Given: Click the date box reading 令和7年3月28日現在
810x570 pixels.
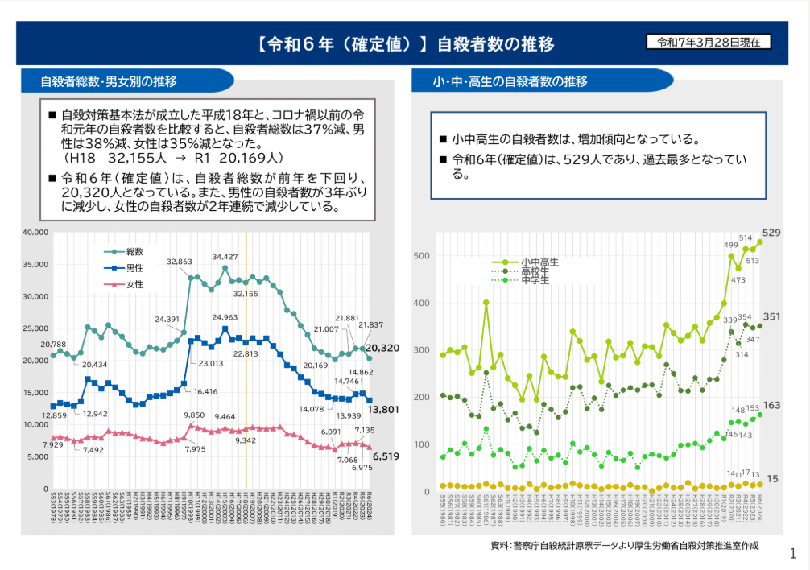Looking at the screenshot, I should point(709,42).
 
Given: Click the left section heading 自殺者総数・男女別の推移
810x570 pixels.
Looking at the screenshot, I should point(110,81).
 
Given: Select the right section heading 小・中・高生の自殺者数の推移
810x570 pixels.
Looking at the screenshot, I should point(510,81).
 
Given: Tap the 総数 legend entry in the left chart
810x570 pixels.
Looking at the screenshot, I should point(134,252).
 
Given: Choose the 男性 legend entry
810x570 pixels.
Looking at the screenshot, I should point(134,267).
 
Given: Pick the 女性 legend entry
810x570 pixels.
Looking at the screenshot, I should point(134,283).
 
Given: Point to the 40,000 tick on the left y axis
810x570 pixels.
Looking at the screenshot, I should point(36,233).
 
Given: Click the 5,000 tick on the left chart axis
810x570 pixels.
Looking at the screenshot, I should point(38,456).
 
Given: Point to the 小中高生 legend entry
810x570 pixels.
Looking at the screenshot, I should point(539,262).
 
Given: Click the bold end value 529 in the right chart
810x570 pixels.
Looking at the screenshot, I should point(771,233).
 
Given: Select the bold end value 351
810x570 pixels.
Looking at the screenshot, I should point(771,316).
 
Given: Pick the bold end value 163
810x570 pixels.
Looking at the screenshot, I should point(771,405).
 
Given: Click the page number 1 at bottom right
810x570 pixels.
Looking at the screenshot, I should point(793,553).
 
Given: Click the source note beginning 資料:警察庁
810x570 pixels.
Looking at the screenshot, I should point(624,545).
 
